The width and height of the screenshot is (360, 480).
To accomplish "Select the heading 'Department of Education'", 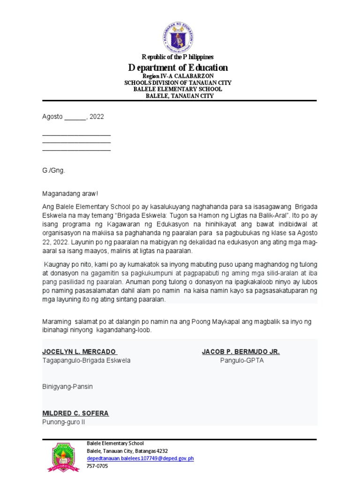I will tap(178, 67).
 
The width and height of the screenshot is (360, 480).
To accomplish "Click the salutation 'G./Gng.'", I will tap(53, 170).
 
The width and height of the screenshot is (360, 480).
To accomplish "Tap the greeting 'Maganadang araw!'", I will tap(70, 194).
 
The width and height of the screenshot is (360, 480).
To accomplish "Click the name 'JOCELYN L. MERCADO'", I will tap(79, 352).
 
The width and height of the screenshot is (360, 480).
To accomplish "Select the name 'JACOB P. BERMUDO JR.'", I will tap(240, 352).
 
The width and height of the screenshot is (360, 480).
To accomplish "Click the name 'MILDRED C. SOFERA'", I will tap(75, 413).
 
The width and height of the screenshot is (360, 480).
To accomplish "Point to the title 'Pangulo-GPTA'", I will tap(242, 360).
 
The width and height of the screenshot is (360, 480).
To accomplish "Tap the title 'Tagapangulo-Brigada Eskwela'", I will tap(86, 360).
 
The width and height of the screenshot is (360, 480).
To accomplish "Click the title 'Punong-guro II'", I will tap(64, 422).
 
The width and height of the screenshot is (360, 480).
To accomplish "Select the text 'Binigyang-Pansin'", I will tap(67, 386).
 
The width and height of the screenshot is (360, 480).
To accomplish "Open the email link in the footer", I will tap(140, 458).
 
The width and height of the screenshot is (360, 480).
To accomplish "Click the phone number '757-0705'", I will tap(97, 466).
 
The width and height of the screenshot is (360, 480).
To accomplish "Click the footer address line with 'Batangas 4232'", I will tap(127, 450).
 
